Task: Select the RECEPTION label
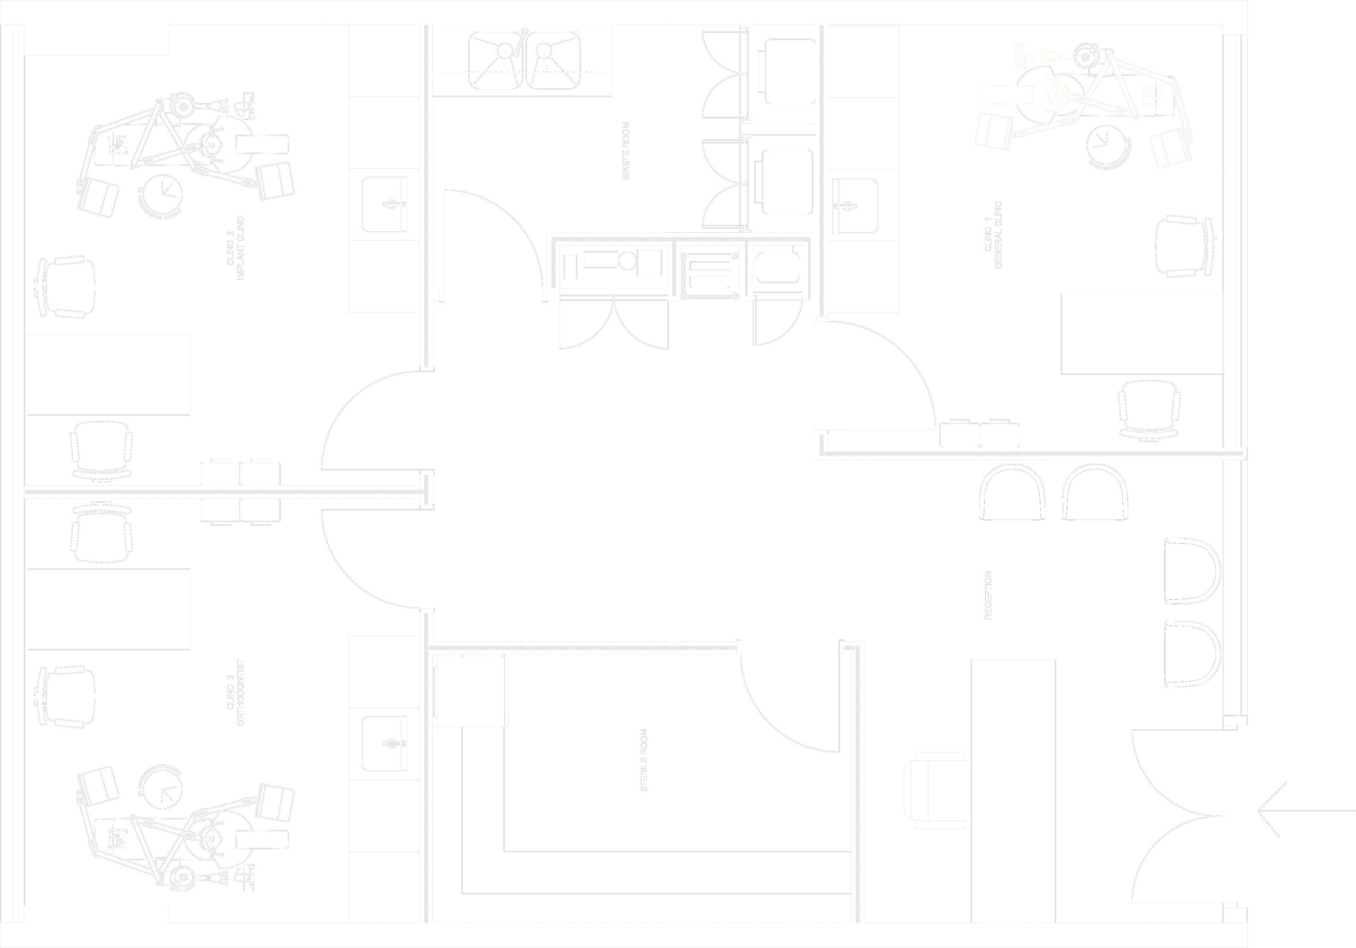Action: coord(988,595)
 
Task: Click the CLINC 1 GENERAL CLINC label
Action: coord(993,235)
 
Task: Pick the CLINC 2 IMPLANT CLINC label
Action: coord(235,248)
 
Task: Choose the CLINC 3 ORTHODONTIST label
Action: coord(235,692)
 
